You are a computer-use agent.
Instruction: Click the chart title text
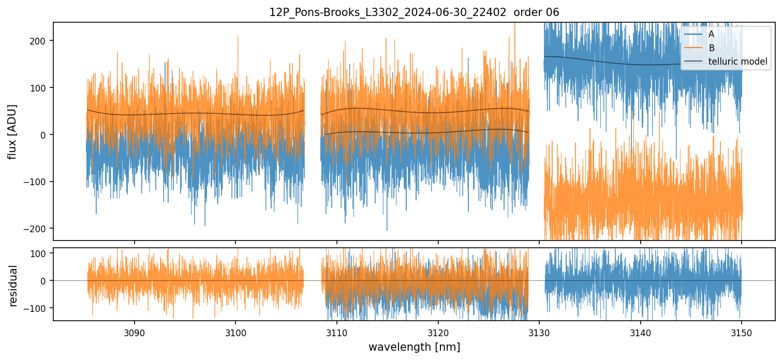414,12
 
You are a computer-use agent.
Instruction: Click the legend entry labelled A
711,34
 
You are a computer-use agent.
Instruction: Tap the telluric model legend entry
737,62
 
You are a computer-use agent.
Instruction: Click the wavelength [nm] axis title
414,347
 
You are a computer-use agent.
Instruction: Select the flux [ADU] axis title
12,131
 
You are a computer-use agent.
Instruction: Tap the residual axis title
12,286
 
